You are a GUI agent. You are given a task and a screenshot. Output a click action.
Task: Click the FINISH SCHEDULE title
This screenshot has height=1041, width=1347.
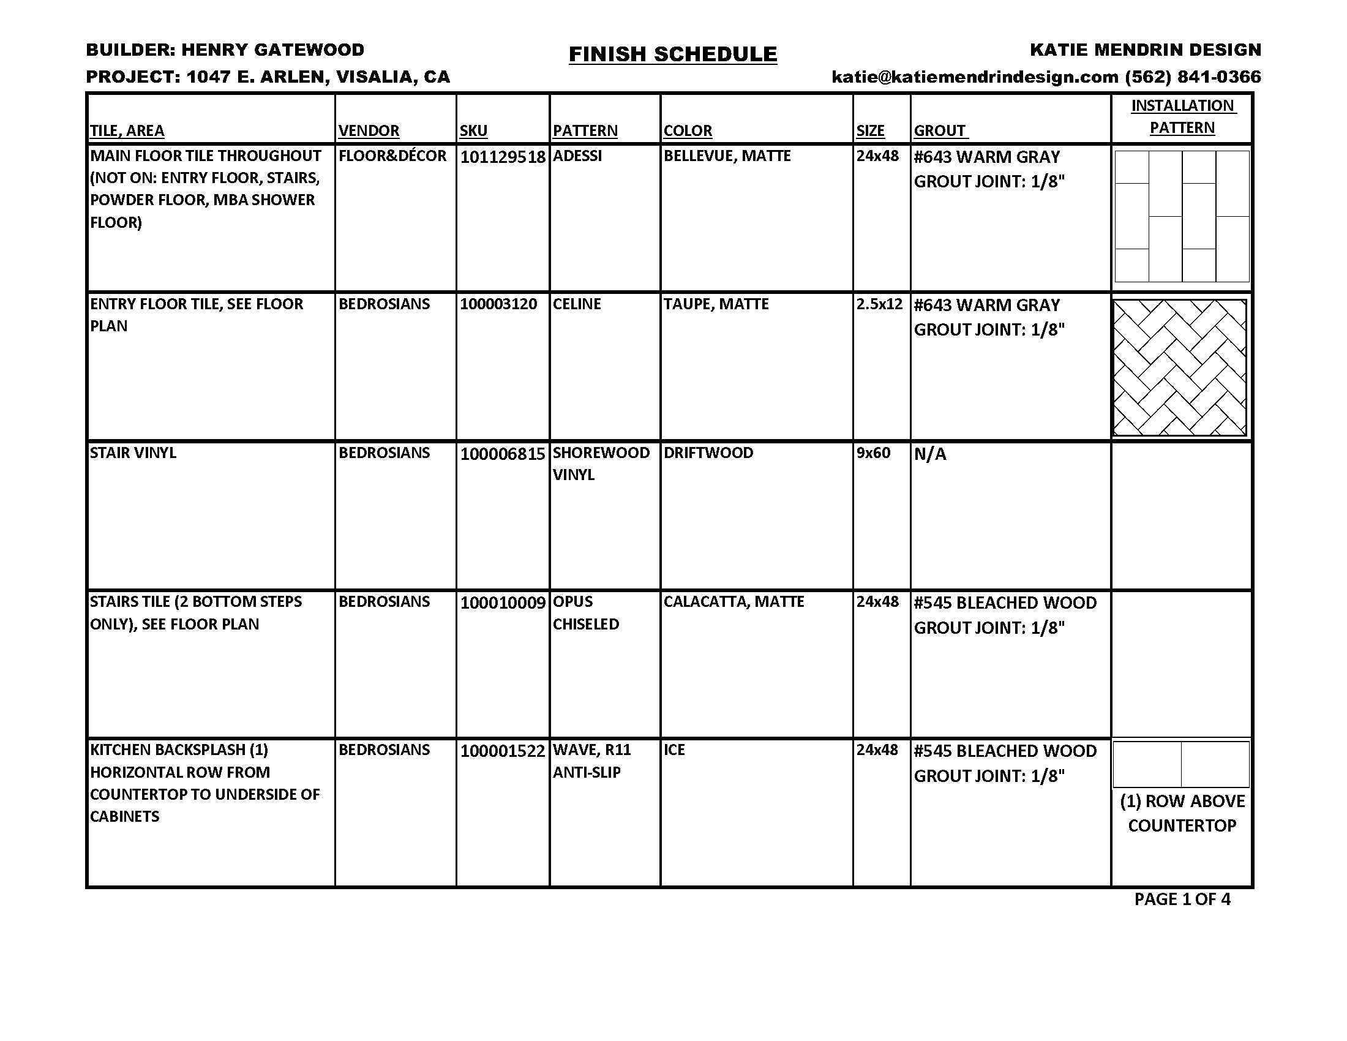672,54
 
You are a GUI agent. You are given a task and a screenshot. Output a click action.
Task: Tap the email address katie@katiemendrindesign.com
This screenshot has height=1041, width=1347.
975,77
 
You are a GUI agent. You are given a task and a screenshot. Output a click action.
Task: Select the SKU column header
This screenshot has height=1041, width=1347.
473,131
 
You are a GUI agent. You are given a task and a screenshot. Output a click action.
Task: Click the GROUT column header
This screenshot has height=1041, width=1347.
940,131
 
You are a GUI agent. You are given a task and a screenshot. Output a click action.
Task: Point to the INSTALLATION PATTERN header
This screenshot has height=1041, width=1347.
1182,116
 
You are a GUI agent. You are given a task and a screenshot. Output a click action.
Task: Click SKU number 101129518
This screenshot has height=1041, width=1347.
503,157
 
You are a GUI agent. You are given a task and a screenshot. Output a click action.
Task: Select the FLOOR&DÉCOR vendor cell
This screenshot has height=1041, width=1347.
392,156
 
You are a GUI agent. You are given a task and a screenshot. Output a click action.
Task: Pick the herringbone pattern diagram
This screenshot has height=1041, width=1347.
1180,367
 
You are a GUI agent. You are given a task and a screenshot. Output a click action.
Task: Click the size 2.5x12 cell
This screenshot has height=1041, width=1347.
879,305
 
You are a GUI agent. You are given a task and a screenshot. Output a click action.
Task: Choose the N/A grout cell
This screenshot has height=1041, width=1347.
929,454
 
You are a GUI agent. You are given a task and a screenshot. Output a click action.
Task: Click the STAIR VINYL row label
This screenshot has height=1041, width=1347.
133,453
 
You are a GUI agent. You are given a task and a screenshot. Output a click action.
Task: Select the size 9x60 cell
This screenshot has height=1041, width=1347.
873,453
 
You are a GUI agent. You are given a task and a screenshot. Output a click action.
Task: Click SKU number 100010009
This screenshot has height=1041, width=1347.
503,603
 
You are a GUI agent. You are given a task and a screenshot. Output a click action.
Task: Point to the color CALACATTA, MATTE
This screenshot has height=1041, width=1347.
734,602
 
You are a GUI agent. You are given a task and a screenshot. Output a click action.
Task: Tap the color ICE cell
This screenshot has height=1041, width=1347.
674,750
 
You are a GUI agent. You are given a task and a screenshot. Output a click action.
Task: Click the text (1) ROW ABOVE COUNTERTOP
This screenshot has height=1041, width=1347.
1182,813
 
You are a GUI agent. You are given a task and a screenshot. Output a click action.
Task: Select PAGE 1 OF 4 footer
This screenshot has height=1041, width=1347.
1182,899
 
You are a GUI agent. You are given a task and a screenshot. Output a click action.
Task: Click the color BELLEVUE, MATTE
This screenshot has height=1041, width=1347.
727,156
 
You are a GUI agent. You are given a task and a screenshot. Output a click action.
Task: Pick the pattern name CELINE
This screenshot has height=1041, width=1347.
577,305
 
